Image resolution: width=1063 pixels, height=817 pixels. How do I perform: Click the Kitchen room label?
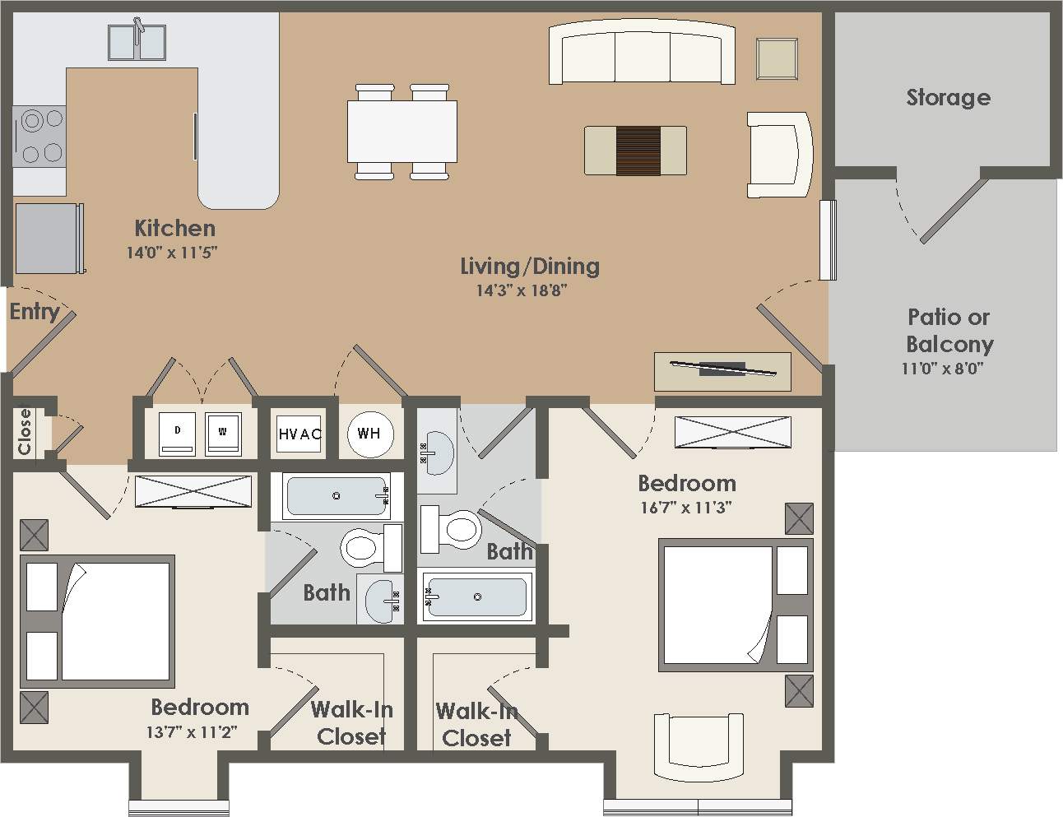[175, 229]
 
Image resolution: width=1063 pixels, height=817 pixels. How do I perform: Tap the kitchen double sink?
[137, 43]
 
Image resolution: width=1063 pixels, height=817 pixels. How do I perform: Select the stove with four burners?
[39, 137]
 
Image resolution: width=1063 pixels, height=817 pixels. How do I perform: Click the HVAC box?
[299, 434]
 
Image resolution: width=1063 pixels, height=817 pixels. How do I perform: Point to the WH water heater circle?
[370, 434]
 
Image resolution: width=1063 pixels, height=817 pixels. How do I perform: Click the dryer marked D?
[177, 434]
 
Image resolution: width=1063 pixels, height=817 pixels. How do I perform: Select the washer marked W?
[223, 434]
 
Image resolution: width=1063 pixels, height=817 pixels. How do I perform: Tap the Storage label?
[949, 98]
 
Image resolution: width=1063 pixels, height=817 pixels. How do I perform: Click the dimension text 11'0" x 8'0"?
[943, 369]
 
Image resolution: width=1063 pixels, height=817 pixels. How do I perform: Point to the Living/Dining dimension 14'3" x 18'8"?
[522, 290]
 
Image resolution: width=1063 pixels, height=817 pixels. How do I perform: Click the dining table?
[402, 132]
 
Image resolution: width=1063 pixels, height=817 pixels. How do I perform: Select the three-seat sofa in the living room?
[642, 52]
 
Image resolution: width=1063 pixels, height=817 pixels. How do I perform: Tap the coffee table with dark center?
[635, 151]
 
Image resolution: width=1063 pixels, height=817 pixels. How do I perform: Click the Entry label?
[35, 313]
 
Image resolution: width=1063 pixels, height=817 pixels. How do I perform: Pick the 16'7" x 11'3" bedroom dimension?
[686, 508]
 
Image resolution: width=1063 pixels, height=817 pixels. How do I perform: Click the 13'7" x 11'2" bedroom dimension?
[192, 732]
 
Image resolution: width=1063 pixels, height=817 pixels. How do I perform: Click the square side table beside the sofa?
[777, 58]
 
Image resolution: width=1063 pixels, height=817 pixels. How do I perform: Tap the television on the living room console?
[723, 369]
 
